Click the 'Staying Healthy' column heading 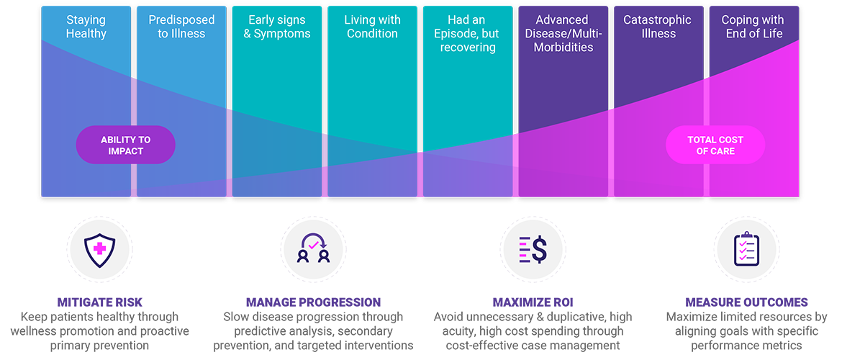coord(86,27)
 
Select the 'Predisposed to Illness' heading coord(181,27)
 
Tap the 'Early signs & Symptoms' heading coord(277,27)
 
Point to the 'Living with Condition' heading coord(372,27)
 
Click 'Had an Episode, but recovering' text coord(468,34)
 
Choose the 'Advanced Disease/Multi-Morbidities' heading coord(563,33)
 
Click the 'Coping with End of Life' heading coord(753,27)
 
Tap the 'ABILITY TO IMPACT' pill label coord(126,145)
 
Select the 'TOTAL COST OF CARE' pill coord(715,145)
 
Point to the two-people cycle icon coord(314,249)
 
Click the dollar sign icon coord(533,249)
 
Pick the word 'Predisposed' coord(181,20)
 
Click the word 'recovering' coord(468,48)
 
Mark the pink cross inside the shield coord(98,248)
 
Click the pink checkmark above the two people coord(314,243)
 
